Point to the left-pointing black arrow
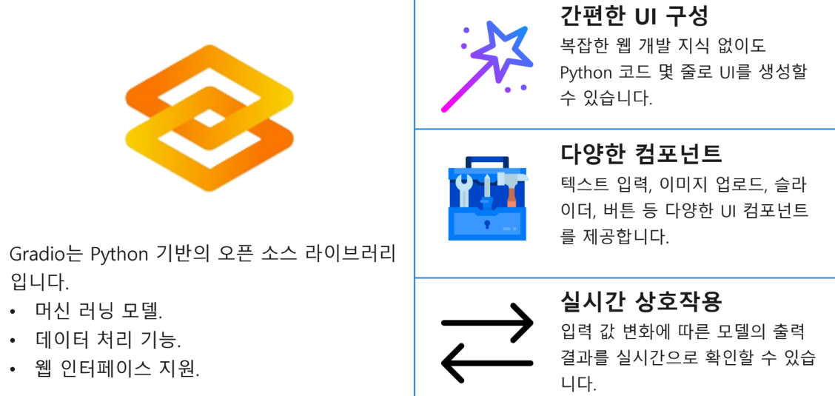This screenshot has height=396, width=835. click(x=487, y=363)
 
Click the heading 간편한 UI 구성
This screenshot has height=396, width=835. click(x=634, y=15)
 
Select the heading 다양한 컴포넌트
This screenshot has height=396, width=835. click(x=641, y=153)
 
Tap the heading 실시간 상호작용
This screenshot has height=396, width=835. click(x=641, y=301)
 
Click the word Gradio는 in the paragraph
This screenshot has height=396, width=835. click(x=46, y=254)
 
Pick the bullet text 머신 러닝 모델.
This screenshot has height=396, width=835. click(x=98, y=310)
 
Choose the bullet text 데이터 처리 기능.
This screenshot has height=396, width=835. click(x=108, y=340)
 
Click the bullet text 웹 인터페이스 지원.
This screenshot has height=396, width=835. click(x=117, y=369)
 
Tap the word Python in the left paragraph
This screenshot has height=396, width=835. click(x=121, y=254)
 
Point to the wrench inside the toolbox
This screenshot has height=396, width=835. click(x=464, y=189)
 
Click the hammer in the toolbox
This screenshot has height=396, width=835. click(x=511, y=185)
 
